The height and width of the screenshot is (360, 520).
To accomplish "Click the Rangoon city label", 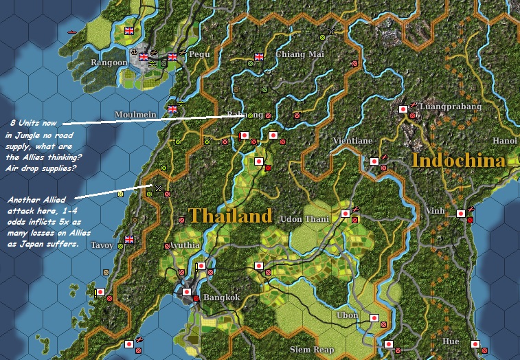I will click(109, 63).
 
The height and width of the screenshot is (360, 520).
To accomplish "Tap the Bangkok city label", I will click(221, 297).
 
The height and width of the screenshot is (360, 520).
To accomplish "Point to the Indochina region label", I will click(458, 161).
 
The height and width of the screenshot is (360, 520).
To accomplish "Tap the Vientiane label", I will click(352, 141).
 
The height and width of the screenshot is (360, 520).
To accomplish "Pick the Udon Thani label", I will click(306, 219).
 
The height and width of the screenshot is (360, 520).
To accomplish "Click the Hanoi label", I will click(504, 140).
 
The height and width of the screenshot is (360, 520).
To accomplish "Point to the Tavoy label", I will click(103, 244).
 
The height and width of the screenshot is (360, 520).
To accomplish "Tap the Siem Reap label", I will click(312, 350).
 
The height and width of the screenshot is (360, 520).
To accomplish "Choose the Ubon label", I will click(347, 315).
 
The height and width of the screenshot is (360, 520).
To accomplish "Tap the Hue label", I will click(451, 341).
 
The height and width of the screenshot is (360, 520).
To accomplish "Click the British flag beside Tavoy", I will click(128, 240).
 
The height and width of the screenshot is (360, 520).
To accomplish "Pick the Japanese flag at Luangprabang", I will click(403, 109).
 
